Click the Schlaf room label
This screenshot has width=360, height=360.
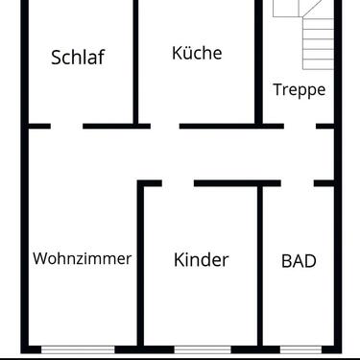[77, 57]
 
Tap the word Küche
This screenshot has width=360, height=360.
[197, 53]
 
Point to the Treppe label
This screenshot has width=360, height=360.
[299, 90]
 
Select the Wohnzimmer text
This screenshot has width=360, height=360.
[82, 258]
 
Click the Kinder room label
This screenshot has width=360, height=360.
[201, 259]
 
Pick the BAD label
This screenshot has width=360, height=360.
[299, 259]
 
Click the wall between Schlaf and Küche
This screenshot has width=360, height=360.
[134, 62]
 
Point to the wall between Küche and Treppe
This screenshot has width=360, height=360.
[258, 62]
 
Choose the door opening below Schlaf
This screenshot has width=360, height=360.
[66, 125]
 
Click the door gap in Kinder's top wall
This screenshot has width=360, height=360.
[178, 182]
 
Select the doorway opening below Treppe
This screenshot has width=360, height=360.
[300, 125]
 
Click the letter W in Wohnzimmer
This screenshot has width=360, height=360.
[39, 258]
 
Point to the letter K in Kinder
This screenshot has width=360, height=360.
[180, 259]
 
